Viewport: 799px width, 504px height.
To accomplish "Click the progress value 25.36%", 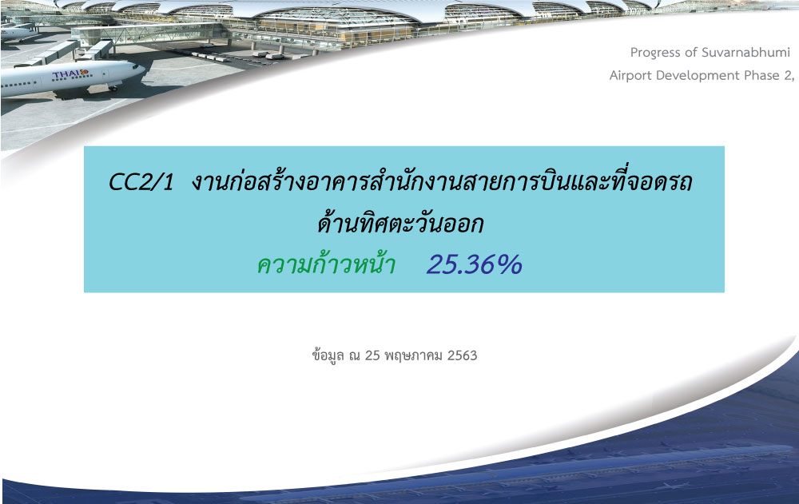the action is tap(475, 264).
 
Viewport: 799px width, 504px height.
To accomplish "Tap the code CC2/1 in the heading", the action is tap(141, 181).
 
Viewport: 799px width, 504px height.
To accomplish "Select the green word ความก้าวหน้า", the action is tap(326, 264).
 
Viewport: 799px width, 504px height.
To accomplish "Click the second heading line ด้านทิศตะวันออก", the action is tap(400, 223).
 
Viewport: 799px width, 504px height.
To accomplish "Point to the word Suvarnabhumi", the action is tap(746, 53).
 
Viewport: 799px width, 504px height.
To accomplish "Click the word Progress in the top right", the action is tap(654, 53).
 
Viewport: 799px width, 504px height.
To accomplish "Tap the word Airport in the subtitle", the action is tap(630, 76).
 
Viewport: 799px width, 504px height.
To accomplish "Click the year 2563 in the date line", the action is tap(462, 355).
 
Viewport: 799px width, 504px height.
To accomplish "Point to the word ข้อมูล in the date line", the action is tap(328, 355).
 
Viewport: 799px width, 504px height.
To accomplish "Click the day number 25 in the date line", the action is tap(372, 355).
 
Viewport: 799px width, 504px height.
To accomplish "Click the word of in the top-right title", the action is tap(690, 53).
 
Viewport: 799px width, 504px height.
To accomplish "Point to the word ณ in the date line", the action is tap(355, 355).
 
